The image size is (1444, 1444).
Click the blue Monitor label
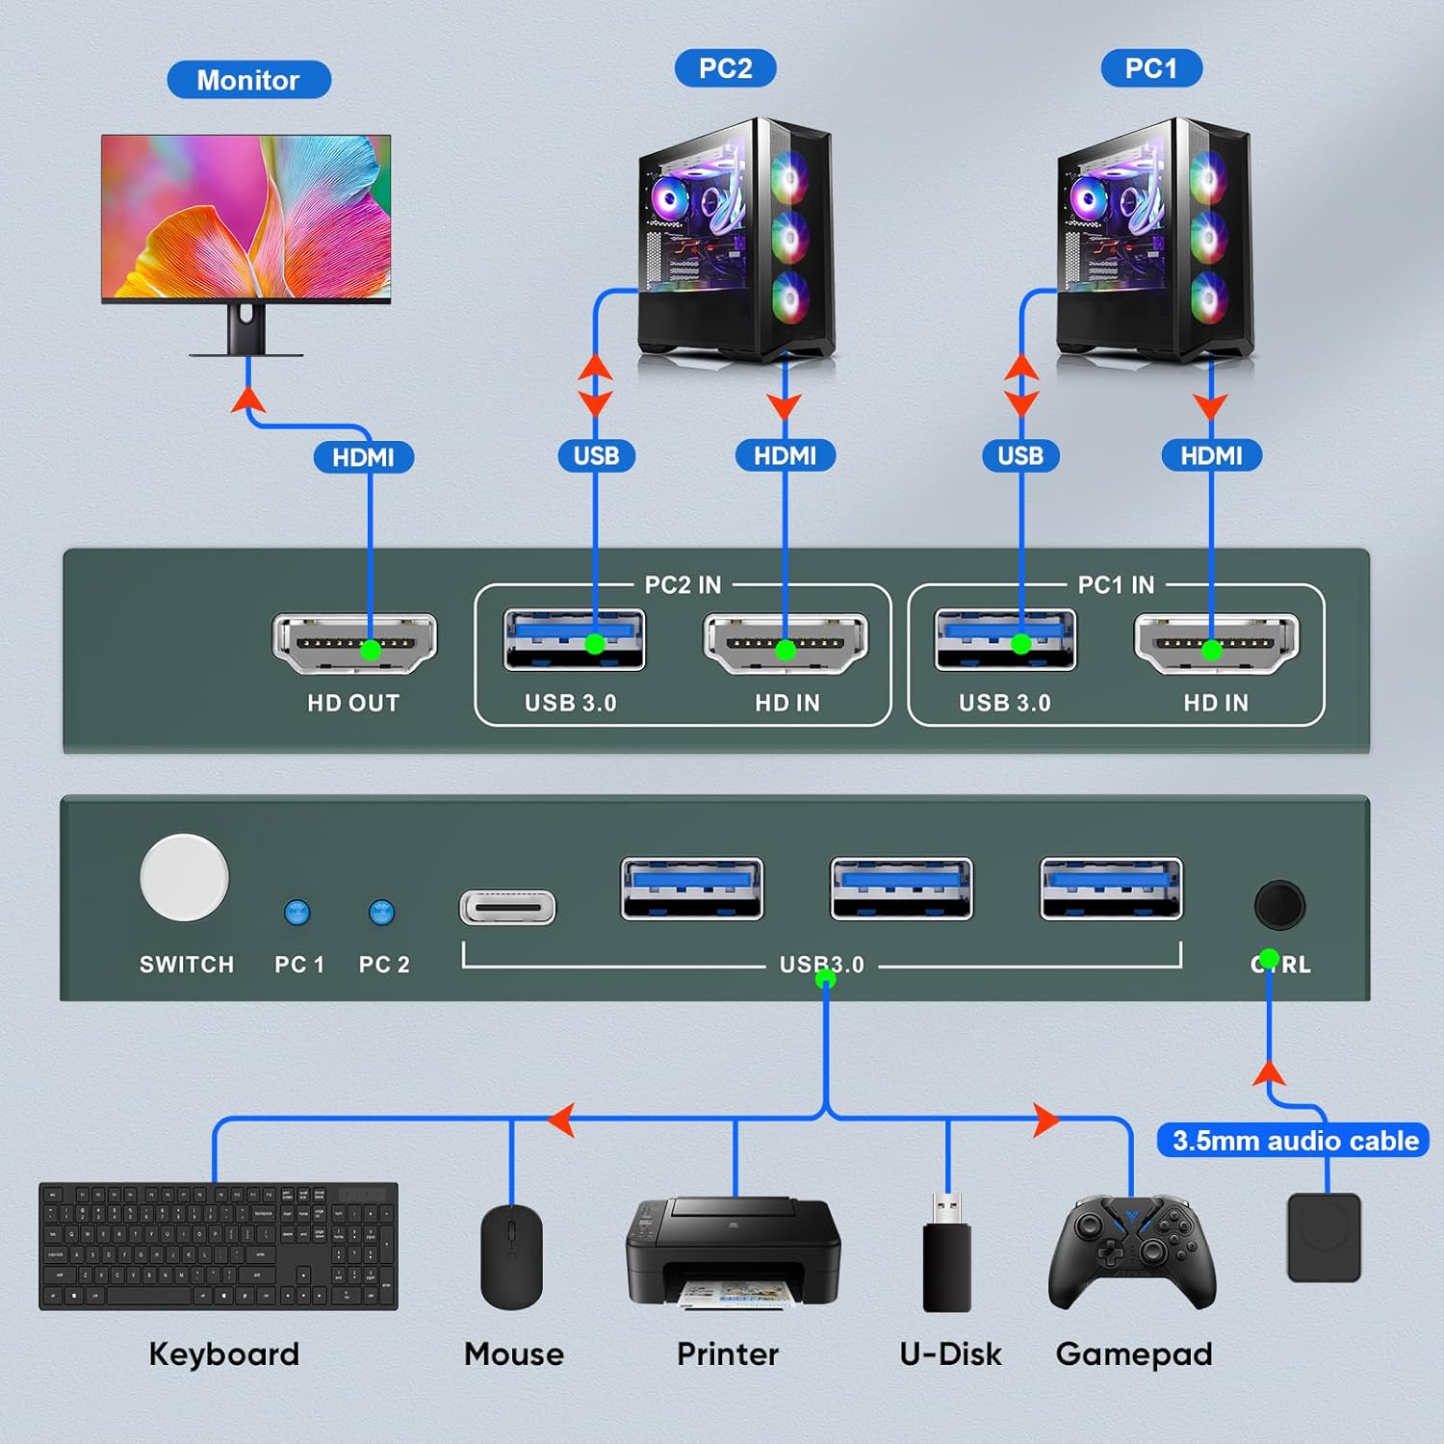[x=248, y=80]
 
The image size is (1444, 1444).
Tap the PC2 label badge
[x=725, y=68]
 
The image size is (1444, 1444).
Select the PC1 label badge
[x=1150, y=68]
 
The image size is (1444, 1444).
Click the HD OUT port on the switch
[x=354, y=643]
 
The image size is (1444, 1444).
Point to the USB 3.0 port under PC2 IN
[x=574, y=640]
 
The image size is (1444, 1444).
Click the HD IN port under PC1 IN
[x=1217, y=643]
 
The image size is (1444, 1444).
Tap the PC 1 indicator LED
[x=297, y=912]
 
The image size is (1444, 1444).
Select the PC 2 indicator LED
[x=382, y=912]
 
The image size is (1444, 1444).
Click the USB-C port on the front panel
[x=507, y=907]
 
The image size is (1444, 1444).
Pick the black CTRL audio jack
[x=1279, y=905]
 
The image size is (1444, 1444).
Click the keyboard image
[x=219, y=1246]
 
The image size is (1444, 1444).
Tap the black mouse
[x=511, y=1256]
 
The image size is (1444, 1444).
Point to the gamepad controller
[x=1132, y=1251]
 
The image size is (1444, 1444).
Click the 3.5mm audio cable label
[x=1293, y=1141]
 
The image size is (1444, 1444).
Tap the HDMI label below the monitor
[x=363, y=457]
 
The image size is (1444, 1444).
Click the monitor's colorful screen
[x=246, y=217]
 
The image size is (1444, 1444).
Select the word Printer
[x=727, y=1354]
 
